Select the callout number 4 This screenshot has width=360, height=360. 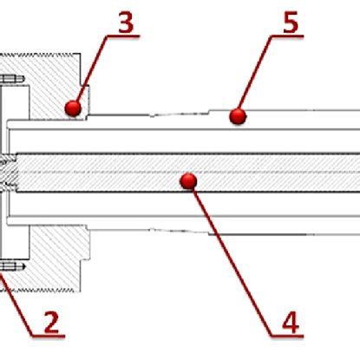click(x=290, y=323)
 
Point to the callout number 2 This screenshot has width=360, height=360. click(x=51, y=323)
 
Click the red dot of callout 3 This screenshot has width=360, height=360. click(x=73, y=107)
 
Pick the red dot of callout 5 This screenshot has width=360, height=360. click(x=238, y=114)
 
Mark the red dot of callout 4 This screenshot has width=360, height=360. click(x=188, y=180)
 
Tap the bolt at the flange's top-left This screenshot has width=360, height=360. click(x=10, y=83)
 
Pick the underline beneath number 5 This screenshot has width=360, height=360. click(x=290, y=37)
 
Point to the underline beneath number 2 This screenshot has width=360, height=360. click(x=51, y=337)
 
